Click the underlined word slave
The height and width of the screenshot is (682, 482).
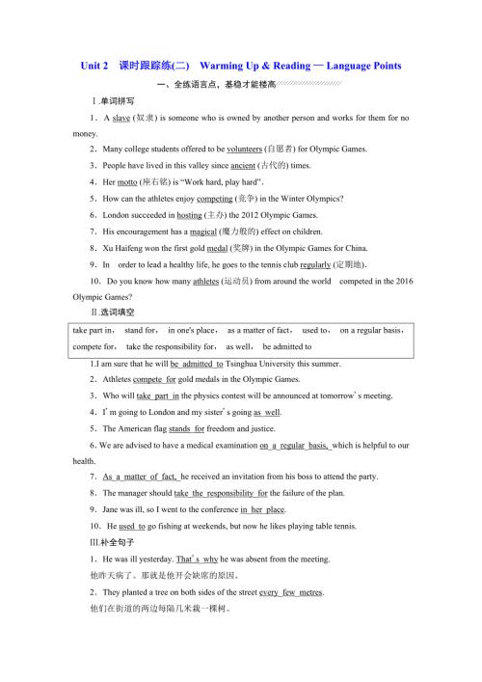pos(120,118)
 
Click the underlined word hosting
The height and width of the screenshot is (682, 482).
pos(189,214)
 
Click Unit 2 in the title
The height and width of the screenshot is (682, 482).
pos(95,66)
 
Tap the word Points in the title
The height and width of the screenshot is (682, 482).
pos(380,66)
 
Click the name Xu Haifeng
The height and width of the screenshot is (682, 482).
pos(121,247)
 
